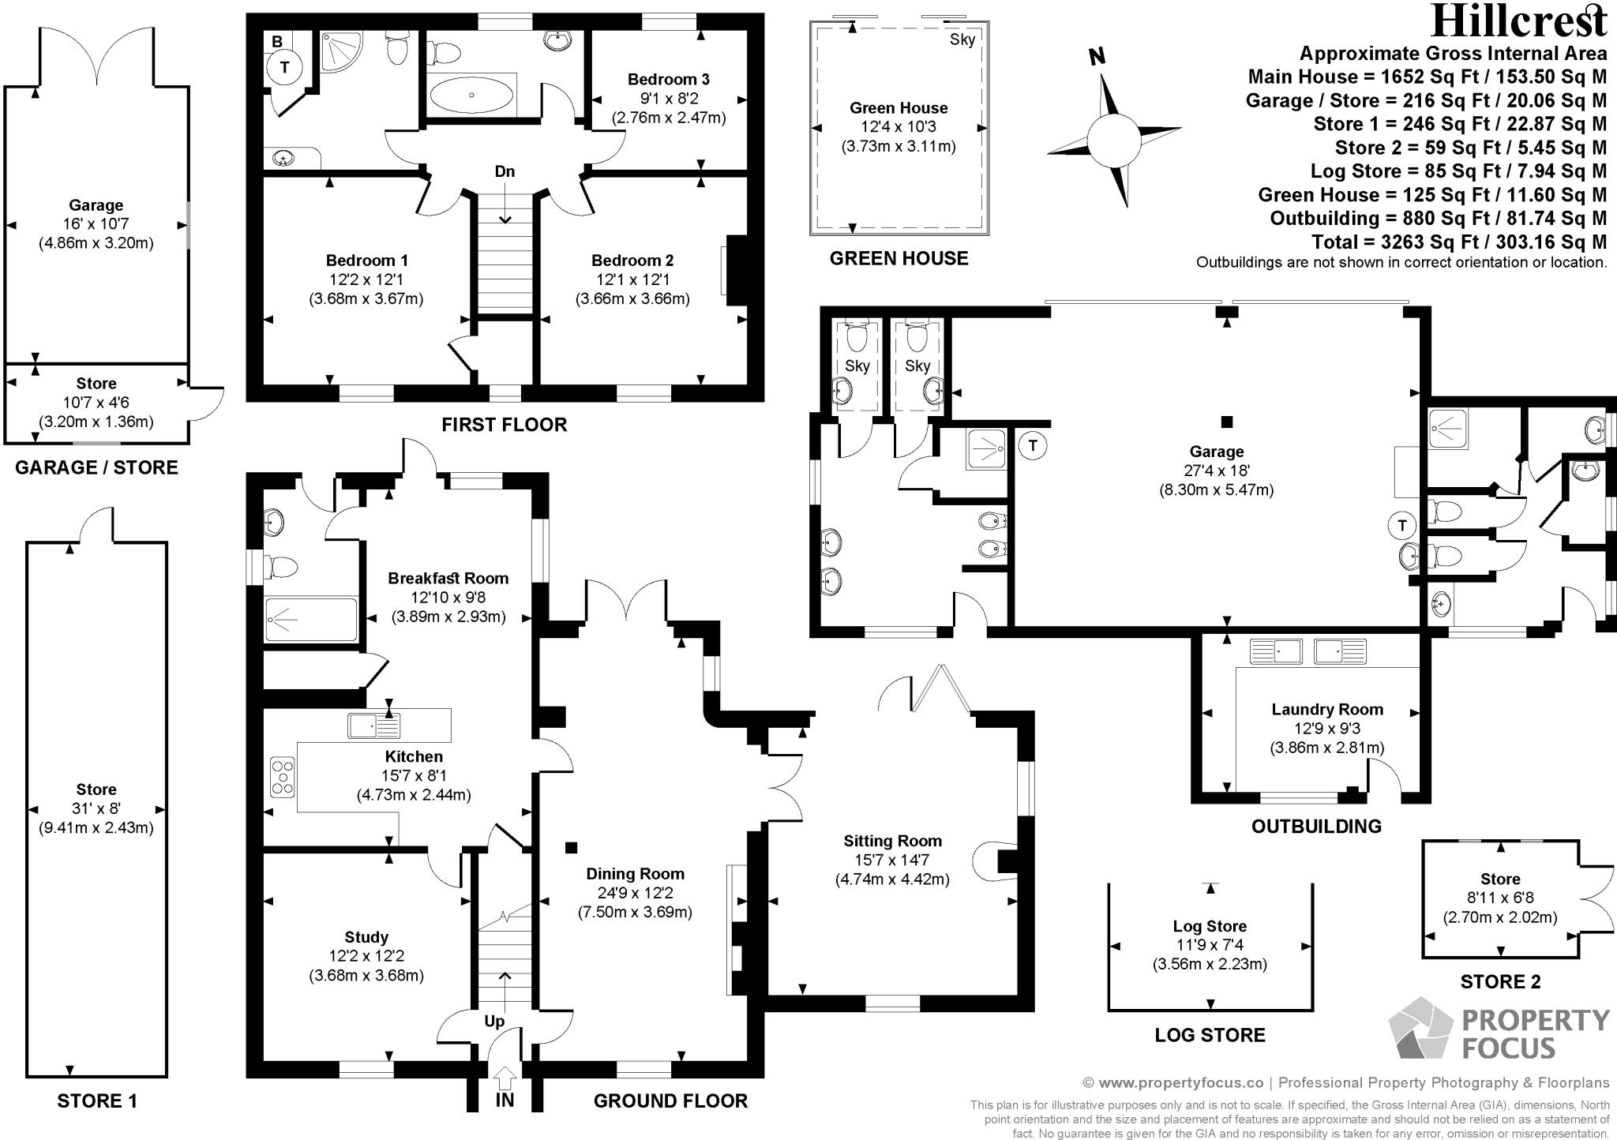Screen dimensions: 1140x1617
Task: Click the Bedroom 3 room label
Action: [668, 79]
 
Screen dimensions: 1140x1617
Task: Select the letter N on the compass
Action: [1097, 56]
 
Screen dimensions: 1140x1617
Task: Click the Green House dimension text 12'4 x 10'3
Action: [899, 127]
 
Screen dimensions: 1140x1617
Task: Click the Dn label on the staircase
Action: [505, 171]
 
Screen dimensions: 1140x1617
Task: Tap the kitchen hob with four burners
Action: [283, 776]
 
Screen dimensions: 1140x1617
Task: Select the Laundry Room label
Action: [1327, 709]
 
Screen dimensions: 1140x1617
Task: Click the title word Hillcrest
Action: [1519, 21]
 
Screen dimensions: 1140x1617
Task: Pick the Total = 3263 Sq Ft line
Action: [1459, 242]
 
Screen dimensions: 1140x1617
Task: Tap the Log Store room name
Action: [1210, 926]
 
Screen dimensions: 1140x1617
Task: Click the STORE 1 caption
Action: [97, 1101]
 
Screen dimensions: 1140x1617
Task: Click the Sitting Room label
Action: [892, 841]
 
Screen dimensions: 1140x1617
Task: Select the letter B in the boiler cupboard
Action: [277, 41]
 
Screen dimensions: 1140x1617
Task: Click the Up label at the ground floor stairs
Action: [494, 1021]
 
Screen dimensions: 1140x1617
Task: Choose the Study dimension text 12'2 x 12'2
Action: [366, 956]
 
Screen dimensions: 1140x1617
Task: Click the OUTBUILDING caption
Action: [1316, 826]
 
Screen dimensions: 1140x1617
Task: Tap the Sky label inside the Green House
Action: [962, 39]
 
